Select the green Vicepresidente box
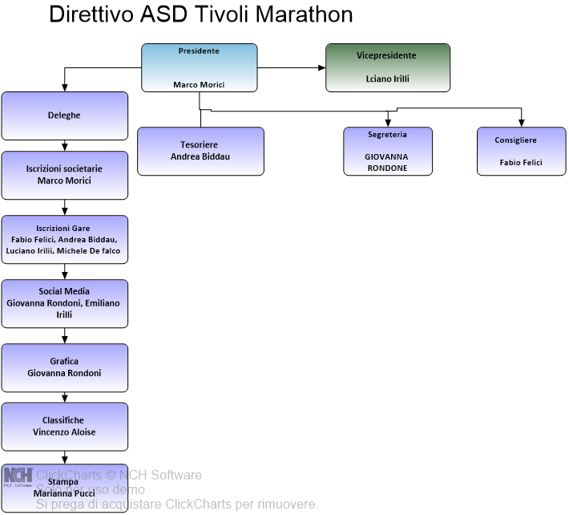(x=388, y=67)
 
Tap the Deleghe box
(x=64, y=116)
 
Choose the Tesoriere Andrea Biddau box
(x=200, y=151)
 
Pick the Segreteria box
(x=387, y=151)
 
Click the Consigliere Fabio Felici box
(x=521, y=151)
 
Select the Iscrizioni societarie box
(x=64, y=175)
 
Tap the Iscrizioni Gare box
(x=64, y=239)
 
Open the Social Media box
(x=64, y=303)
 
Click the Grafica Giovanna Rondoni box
(x=64, y=367)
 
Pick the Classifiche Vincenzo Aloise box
(x=64, y=426)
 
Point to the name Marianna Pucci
(x=70, y=493)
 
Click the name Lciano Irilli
(x=388, y=79)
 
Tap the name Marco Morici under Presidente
(x=199, y=85)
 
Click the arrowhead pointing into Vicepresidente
(x=321, y=68)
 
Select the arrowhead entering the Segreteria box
(x=388, y=122)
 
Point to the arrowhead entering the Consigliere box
(x=521, y=122)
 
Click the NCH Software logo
(x=18, y=476)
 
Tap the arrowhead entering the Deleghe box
(x=65, y=87)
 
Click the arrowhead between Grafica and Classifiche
(x=65, y=398)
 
